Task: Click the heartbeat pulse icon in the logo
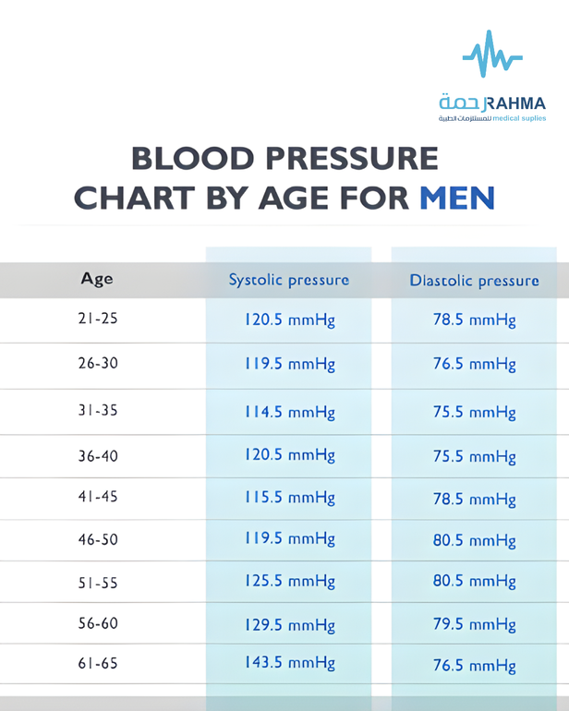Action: [492, 54]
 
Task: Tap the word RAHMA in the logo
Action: [515, 103]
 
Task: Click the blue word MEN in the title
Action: [457, 199]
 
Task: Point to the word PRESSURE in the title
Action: [352, 158]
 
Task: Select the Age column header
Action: [97, 279]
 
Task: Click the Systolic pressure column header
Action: [289, 280]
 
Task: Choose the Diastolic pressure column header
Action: [474, 281]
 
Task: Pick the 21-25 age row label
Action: [98, 319]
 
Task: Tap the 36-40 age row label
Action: [98, 456]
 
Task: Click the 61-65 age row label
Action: [98, 663]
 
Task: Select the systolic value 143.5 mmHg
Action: [290, 663]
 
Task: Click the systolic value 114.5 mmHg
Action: [290, 412]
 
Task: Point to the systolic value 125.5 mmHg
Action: [290, 581]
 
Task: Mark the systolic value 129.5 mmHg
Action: [290, 625]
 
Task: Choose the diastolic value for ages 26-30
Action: [474, 364]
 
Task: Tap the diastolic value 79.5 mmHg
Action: [474, 624]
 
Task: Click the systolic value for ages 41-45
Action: [290, 498]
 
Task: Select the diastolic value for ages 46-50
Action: [474, 540]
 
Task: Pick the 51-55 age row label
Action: [98, 583]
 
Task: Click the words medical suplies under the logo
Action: [519, 119]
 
